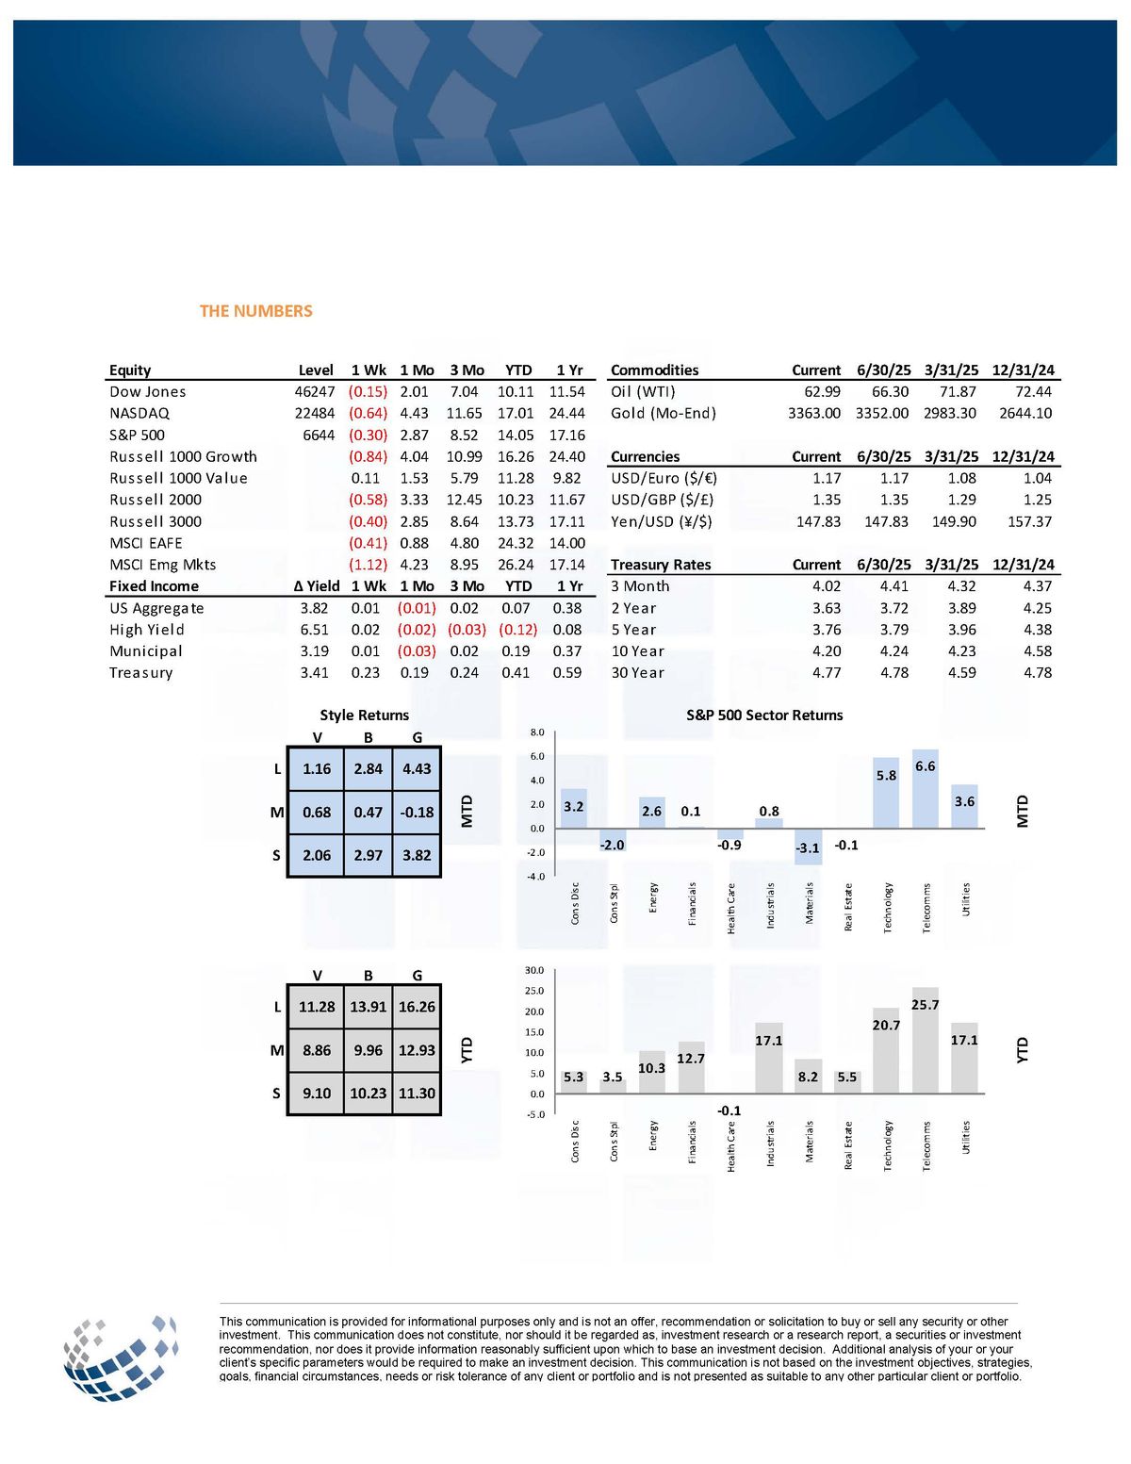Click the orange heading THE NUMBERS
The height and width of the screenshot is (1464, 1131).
tap(255, 311)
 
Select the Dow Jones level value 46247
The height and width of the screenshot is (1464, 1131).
tap(314, 391)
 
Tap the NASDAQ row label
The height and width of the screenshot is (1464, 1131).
tap(139, 413)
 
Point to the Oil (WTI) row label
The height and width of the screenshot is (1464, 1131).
tap(643, 391)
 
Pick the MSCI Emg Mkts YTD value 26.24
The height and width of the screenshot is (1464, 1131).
tap(516, 565)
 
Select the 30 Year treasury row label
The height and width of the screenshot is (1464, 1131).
tap(637, 673)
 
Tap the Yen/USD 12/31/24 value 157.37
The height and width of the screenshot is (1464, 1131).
tap(1029, 521)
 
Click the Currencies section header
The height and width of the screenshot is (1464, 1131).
tap(645, 456)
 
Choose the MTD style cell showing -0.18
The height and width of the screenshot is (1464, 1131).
tap(417, 812)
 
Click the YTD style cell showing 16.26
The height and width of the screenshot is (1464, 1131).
tap(417, 1007)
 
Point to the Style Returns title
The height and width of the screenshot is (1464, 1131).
tap(364, 715)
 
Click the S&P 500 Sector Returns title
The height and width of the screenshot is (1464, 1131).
tap(764, 715)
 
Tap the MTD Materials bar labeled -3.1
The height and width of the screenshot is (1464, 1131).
tap(808, 846)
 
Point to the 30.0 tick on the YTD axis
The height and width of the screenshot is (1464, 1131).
tap(534, 970)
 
